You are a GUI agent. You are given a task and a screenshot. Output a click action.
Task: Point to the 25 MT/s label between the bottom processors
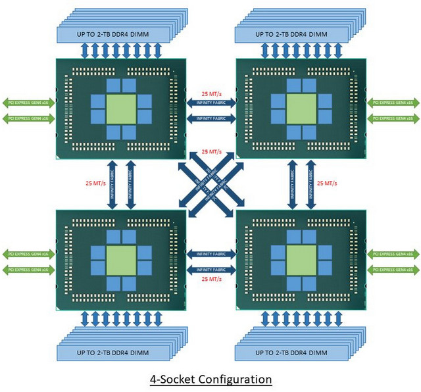tap(210, 280)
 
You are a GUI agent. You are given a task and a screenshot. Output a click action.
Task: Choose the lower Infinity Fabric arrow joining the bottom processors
tap(210, 270)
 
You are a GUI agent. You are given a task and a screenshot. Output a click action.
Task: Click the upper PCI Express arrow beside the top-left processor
tap(27, 103)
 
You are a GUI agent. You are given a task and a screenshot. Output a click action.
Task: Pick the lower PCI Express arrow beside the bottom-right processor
tap(393, 270)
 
